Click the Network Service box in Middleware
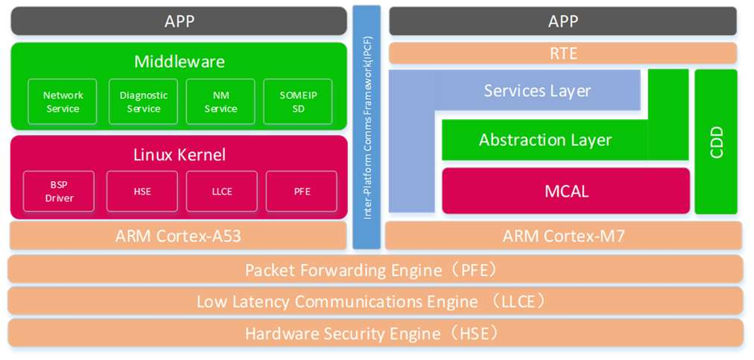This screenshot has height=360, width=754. coord(63,102)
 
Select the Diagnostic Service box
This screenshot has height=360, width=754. coord(144,102)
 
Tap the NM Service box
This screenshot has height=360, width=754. coord(221,102)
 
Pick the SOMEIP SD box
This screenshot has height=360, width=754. coord(298,102)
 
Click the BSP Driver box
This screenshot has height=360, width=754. coord(59,192)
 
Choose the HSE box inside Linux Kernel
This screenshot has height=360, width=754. coord(142,192)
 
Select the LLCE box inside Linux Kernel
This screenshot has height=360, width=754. coord(221,192)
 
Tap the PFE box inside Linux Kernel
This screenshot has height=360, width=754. coord(301,192)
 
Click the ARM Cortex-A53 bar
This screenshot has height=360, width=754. coord(178,236)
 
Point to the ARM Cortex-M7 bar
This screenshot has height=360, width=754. coord(563,236)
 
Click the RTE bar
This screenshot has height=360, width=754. coord(563,53)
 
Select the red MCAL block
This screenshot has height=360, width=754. coord(566,191)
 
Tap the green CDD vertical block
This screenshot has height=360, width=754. coord(716,142)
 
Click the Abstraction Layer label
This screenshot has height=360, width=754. coord(545,140)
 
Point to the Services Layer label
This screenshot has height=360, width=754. coord(537,91)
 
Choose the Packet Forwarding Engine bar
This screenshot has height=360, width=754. coord(376,269)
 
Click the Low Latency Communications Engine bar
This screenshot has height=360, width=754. coord(376,301)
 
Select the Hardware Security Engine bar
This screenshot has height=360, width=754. coord(376,333)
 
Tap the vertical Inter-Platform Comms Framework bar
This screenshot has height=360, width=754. coord(367,127)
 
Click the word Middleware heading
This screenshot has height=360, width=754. coord(179,62)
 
